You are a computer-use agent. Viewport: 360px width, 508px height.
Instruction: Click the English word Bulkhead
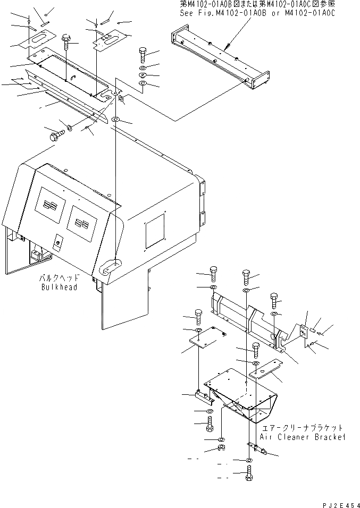[x=59, y=287]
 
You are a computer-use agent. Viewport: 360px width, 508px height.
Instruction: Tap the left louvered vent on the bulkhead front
[x=49, y=205]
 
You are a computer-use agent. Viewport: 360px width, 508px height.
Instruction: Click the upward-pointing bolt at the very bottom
[x=250, y=472]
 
